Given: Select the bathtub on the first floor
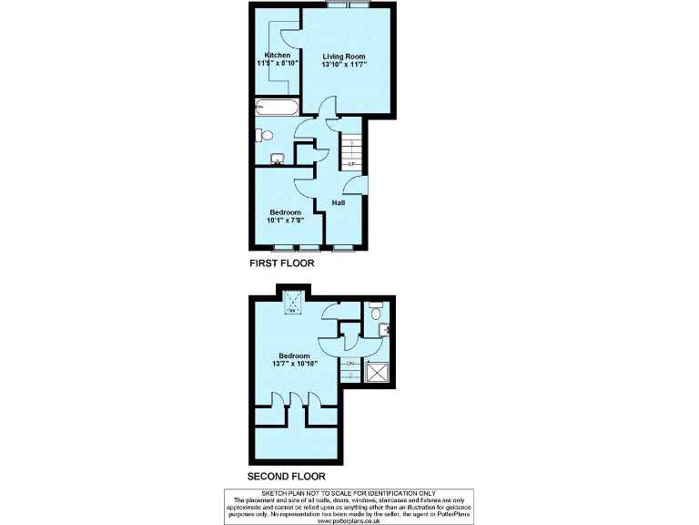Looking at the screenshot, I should [276, 108].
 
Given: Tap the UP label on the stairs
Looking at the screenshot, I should [350, 164].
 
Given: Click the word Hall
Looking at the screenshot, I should [338, 202].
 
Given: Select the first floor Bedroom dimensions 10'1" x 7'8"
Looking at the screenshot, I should [285, 220].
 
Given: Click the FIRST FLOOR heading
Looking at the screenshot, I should [281, 263].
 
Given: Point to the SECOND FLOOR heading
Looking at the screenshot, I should [286, 477].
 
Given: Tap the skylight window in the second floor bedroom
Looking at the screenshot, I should [293, 303].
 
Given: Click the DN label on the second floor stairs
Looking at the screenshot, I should [350, 363].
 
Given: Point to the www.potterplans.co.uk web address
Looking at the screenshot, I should [349, 521].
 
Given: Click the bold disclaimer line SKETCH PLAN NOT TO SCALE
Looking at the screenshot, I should [349, 493].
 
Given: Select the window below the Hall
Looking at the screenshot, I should [343, 248].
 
